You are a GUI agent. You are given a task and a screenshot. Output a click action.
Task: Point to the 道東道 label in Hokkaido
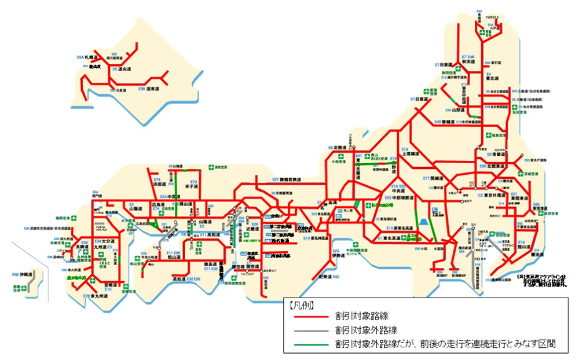point(152,89)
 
